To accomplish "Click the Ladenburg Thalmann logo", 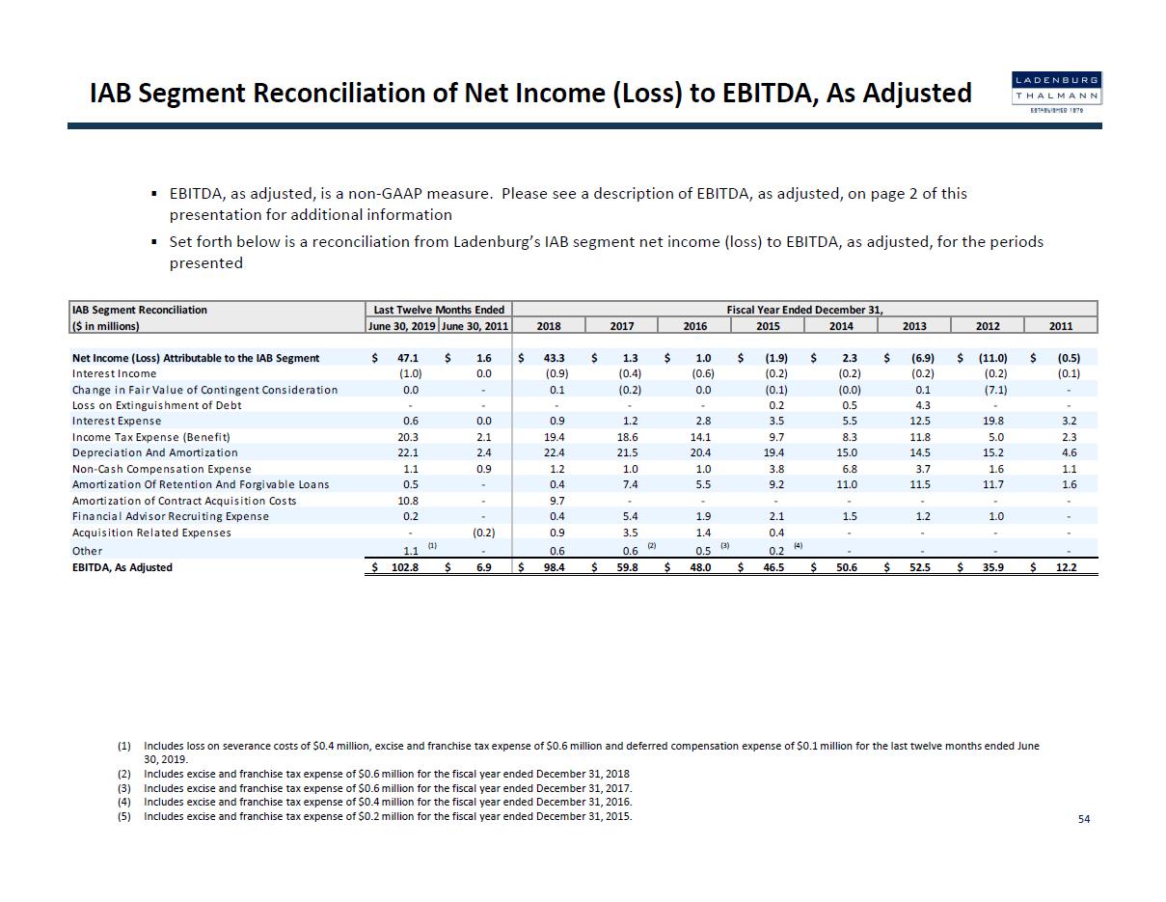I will (1056, 94).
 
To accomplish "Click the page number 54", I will (1084, 819).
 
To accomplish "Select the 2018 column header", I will (548, 326).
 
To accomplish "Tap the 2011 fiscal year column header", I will (1060, 326).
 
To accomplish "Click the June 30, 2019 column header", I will (402, 326).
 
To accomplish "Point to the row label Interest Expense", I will (117, 421).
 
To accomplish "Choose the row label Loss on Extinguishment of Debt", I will (156, 405).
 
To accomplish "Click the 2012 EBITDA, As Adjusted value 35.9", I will (994, 567).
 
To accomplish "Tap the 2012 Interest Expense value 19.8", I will (994, 421).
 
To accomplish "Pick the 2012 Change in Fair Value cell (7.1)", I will (994, 390).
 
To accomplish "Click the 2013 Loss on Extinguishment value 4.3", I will (922, 405).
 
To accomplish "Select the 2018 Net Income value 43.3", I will (555, 358).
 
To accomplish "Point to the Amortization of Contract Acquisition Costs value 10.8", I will (408, 501).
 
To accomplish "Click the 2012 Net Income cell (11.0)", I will (992, 358).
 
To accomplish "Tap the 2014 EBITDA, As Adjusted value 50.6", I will (849, 567).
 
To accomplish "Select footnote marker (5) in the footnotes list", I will (123, 816).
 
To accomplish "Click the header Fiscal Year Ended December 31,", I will (804, 310).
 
